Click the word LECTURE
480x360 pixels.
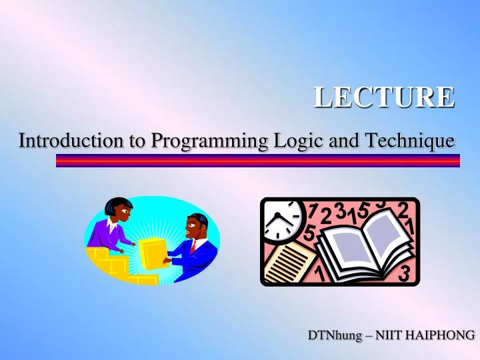[x=385, y=97]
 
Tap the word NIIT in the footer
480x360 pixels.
[x=389, y=335]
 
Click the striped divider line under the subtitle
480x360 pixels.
[x=257, y=161]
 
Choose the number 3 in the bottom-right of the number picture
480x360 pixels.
[x=404, y=273]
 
